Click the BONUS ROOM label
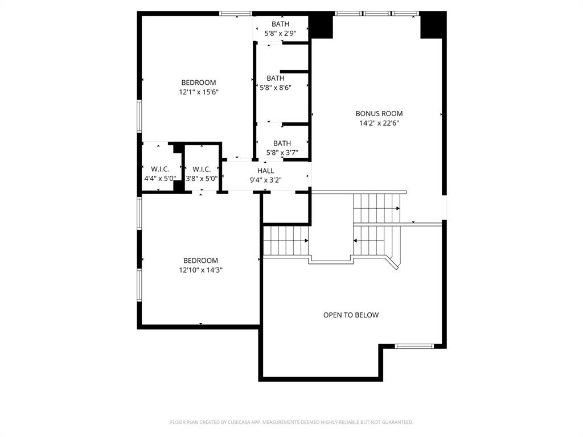(x=379, y=114)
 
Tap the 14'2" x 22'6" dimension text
(x=379, y=123)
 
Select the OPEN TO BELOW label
(x=351, y=315)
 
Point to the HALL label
(x=266, y=171)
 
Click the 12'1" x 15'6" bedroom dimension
(x=199, y=92)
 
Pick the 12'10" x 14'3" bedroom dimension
(x=200, y=270)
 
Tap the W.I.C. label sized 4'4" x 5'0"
(x=159, y=169)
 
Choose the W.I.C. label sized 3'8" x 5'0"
(x=202, y=169)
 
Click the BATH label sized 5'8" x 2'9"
(x=280, y=24)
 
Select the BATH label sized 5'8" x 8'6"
(x=276, y=79)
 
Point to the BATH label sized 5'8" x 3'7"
(x=282, y=143)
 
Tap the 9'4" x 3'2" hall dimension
(x=266, y=180)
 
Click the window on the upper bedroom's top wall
(x=236, y=13)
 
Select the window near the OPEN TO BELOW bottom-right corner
(x=414, y=346)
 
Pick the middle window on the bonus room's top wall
(x=377, y=13)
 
